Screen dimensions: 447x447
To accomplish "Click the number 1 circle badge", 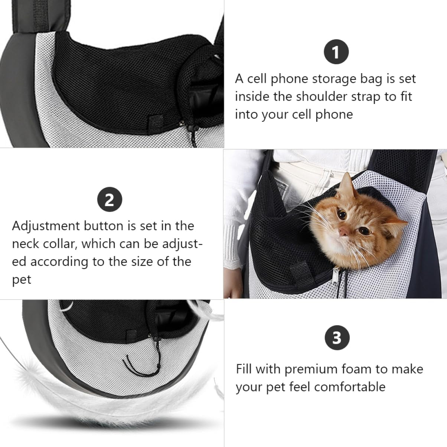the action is point(336,52).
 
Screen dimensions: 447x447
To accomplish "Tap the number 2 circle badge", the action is point(110,199).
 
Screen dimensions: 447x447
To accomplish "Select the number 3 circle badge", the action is point(337,338).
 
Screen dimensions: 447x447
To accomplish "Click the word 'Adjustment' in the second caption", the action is point(46,226).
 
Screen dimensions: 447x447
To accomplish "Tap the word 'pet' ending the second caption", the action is point(21,280).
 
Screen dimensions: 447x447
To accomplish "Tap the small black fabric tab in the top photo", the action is point(156,121).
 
